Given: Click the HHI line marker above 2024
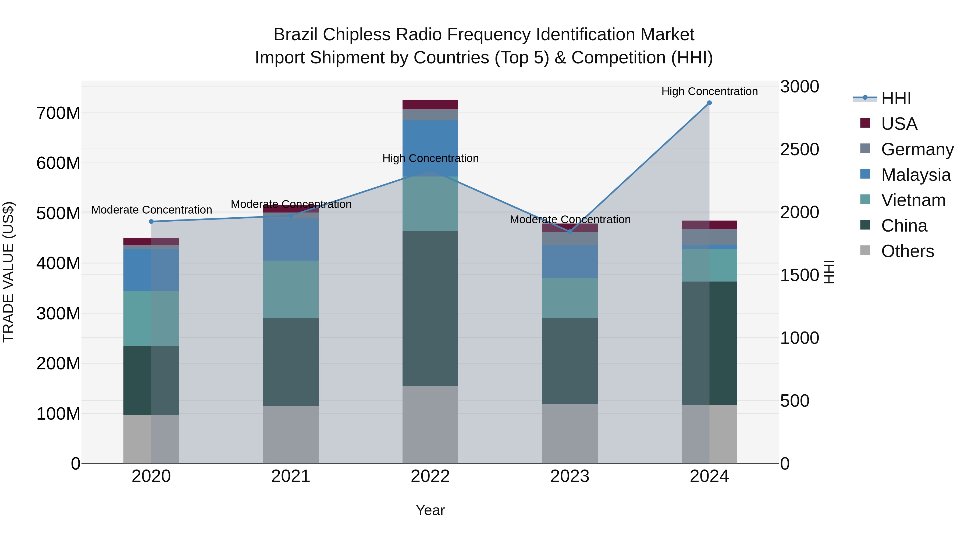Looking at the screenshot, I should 709,103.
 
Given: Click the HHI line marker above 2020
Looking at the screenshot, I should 151,222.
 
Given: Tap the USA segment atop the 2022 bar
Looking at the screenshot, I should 430,105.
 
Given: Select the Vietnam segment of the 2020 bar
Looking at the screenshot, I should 151,318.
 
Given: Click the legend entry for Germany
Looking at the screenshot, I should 917,149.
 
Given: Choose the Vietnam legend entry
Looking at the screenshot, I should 913,200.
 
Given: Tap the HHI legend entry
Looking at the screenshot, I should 896,98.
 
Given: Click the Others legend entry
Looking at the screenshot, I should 907,251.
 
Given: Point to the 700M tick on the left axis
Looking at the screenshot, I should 58,113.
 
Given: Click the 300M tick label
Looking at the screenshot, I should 58,314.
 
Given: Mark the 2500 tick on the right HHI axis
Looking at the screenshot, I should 800,149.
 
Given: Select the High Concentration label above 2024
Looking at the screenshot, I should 709,91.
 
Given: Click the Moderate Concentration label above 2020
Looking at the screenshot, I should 151,210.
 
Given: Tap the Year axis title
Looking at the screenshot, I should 430,510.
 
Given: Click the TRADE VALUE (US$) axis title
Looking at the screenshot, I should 8,272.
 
